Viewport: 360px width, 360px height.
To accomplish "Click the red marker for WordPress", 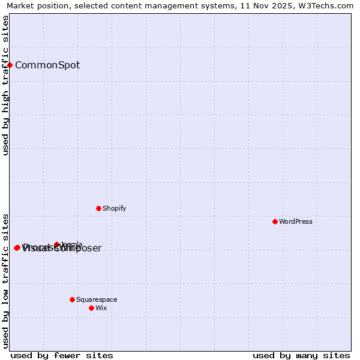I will [275, 221].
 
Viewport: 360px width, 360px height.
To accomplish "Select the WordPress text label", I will [296, 221].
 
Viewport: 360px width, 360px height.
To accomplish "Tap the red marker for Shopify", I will [98, 208].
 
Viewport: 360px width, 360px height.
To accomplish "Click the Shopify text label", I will [114, 208].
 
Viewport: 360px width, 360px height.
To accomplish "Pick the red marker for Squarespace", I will [72, 299].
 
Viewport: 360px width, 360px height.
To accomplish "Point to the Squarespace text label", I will [97, 299].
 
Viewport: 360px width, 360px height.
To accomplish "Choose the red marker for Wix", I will [91, 308].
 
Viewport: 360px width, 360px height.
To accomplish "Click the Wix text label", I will [101, 308].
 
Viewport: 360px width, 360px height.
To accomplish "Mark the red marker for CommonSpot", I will [10, 65].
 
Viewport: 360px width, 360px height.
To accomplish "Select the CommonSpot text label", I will [47, 65].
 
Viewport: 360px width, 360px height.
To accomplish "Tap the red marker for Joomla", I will [57, 244].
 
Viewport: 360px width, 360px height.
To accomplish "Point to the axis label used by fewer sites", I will [62, 355].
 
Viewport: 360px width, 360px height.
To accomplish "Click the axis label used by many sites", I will [301, 355].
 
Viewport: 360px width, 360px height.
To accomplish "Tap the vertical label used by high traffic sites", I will [5, 85].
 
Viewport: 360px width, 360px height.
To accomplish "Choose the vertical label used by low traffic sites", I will [5, 280].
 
